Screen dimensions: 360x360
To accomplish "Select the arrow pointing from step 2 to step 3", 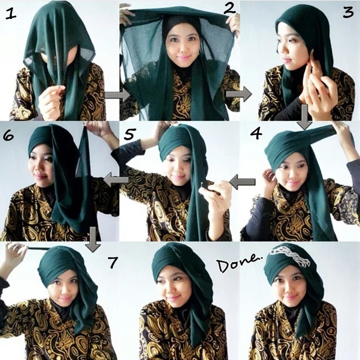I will (x=238, y=94).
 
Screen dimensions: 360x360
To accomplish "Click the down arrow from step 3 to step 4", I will (x=305, y=116).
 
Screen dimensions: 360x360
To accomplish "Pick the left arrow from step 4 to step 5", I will (x=242, y=181).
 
